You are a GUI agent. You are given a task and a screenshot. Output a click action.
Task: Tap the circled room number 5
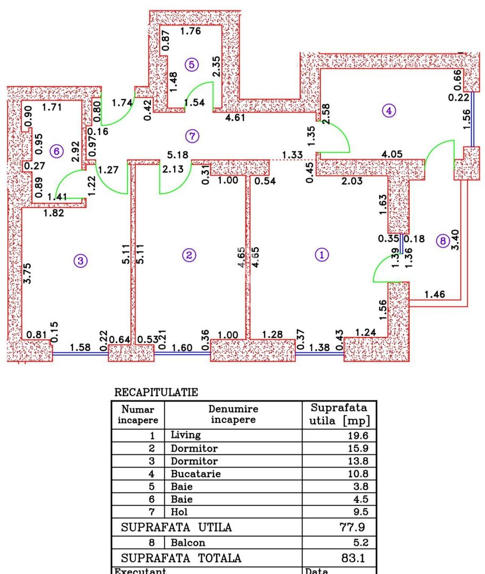191,64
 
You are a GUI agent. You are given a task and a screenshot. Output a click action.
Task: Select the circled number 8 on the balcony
442,240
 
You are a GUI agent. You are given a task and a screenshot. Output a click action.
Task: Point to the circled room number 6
56,151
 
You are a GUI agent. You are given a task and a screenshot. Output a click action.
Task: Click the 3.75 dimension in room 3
28,272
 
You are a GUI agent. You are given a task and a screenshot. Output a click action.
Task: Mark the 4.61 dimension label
236,118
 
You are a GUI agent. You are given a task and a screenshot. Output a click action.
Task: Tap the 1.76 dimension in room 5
190,31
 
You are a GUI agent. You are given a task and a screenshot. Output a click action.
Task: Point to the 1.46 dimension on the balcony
435,294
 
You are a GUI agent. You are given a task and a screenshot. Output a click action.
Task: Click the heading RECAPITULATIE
156,393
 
